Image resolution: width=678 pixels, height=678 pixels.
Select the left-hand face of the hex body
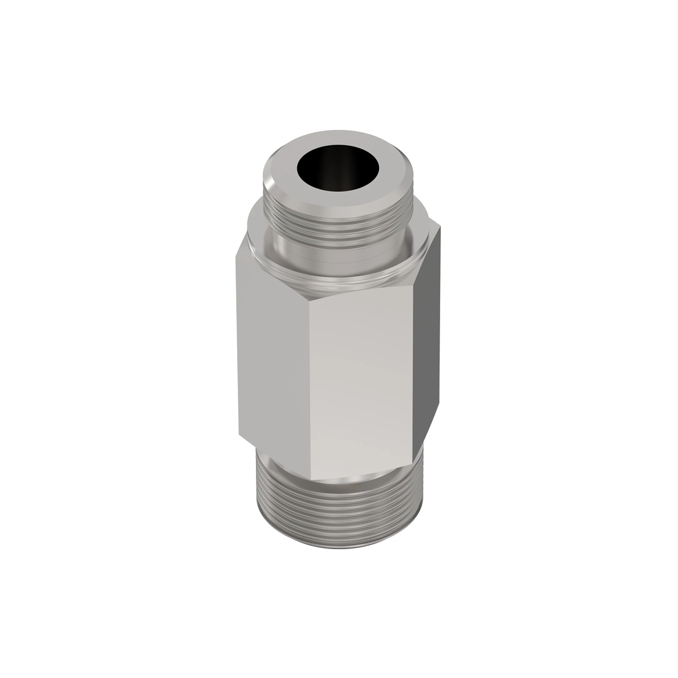(274, 362)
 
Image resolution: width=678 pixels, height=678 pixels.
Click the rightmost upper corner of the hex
(440, 228)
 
